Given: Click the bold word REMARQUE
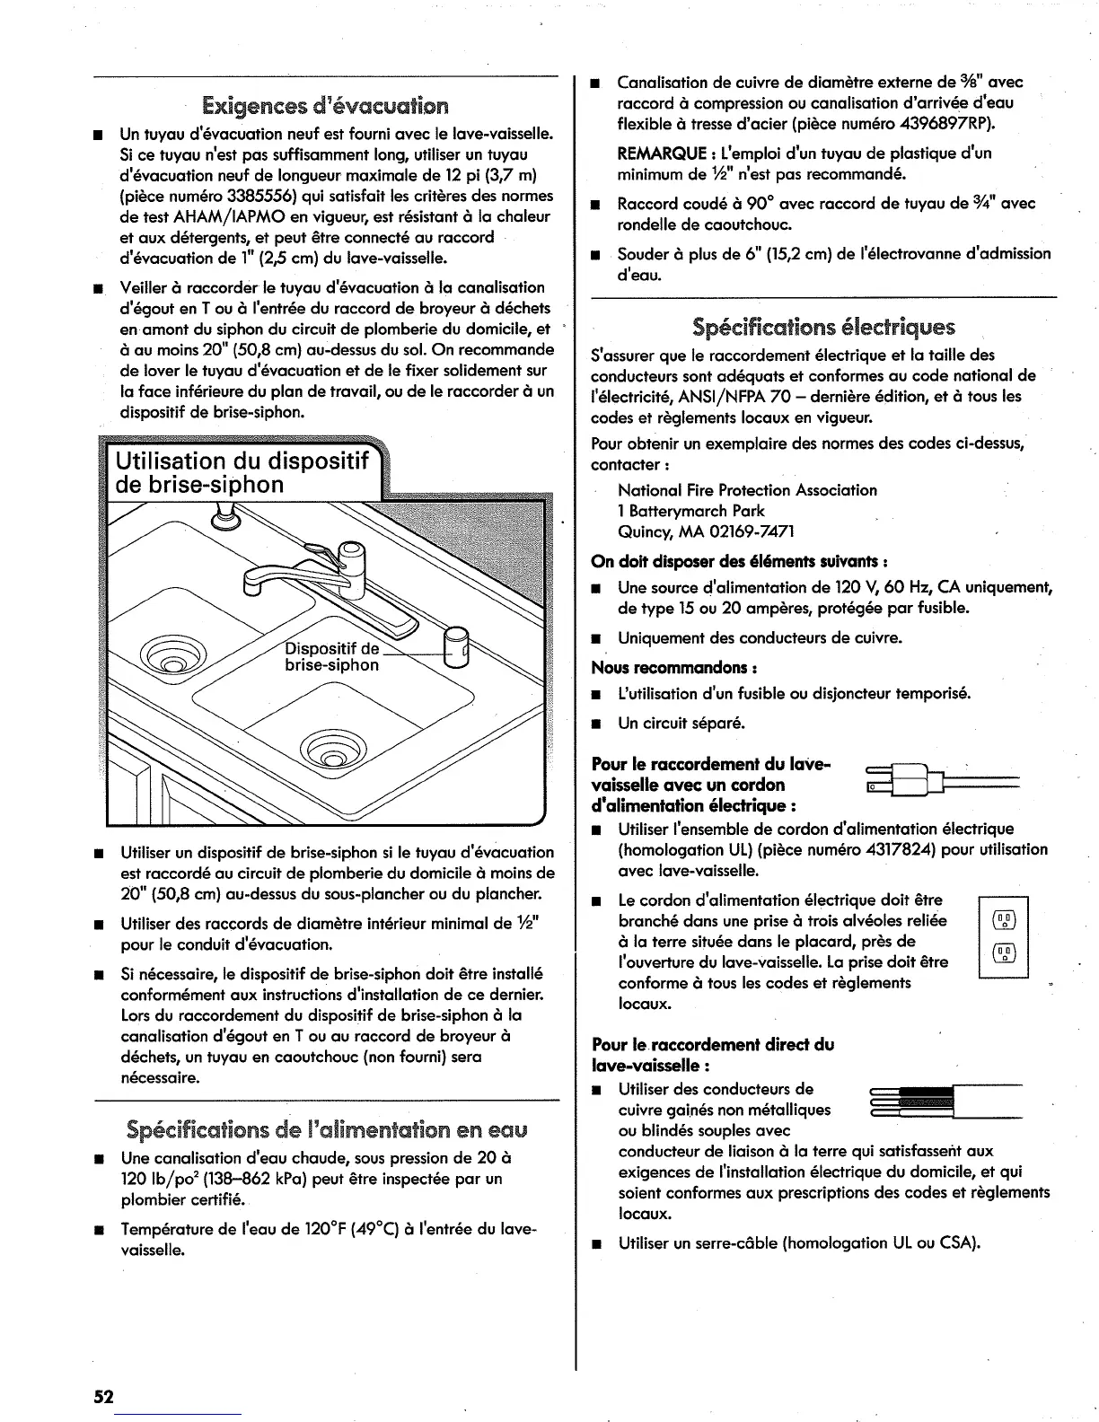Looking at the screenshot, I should tap(664, 154).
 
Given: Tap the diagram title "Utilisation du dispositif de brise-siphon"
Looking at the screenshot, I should tap(242, 473).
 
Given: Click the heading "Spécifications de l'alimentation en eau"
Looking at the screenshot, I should tap(326, 1128).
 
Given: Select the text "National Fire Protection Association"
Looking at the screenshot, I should tap(747, 490).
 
